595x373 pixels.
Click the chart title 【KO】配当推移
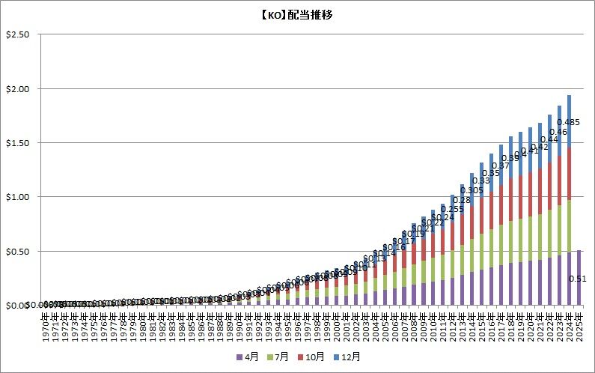click(297, 14)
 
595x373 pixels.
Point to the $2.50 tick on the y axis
click(16, 34)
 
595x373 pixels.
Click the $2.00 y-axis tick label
click(16, 88)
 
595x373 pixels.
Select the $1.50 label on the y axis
click(16, 142)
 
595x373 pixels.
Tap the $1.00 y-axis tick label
click(16, 197)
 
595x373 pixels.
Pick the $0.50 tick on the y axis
click(16, 251)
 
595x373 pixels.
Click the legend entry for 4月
click(248, 357)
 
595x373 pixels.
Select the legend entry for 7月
click(281, 357)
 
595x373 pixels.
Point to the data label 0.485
click(569, 121)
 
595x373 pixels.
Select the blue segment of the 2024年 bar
click(570, 121)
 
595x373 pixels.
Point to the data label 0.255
click(451, 208)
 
